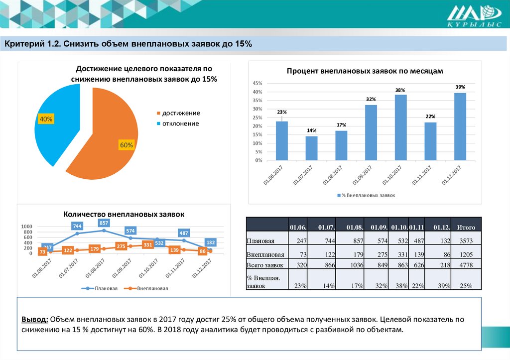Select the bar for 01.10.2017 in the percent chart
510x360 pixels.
[400, 127]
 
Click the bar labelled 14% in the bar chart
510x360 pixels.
[311, 148]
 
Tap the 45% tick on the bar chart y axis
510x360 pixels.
[257, 83]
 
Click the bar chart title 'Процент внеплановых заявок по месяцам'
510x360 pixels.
[365, 71]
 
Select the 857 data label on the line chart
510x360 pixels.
[104, 223]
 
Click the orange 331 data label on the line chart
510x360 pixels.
[148, 245]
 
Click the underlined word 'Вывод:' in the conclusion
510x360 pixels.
[34, 320]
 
